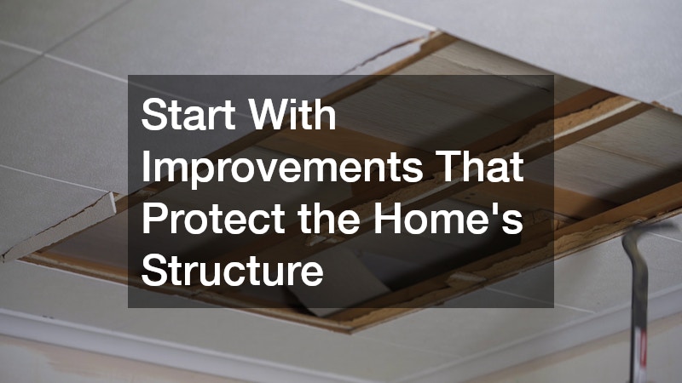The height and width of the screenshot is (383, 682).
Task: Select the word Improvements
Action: click(x=280, y=168)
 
